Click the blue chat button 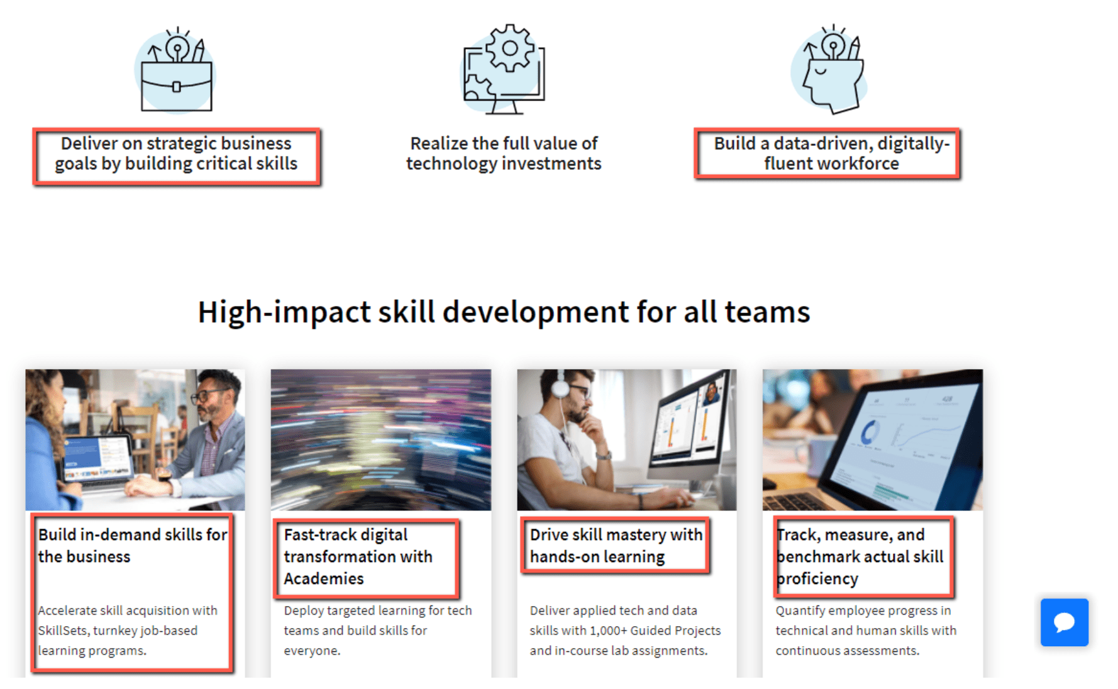pos(1064,622)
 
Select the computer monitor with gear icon pos(504,70)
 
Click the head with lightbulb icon pos(831,70)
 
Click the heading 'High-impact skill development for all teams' pos(504,312)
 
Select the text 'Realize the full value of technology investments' pos(504,153)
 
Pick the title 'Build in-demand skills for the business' pos(133,545)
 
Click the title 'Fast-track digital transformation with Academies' pos(358,556)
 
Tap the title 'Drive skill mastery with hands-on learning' pos(616,545)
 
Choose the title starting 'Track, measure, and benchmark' pos(860,556)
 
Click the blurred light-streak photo pos(381,439)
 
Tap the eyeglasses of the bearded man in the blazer pos(211,395)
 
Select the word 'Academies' pos(324,578)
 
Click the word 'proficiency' pos(817,579)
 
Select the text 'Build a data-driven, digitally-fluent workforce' pos(831,153)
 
